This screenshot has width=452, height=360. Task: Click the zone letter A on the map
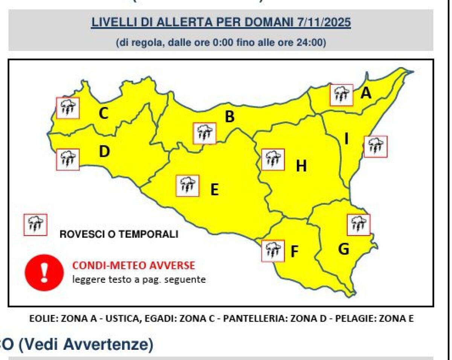click(x=366, y=93)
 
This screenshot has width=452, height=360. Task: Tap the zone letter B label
click(x=229, y=117)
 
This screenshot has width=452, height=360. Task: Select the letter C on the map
click(x=103, y=113)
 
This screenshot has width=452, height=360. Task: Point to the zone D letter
click(x=104, y=152)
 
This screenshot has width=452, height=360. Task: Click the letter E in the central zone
click(x=214, y=190)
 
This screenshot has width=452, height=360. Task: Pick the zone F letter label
click(x=294, y=251)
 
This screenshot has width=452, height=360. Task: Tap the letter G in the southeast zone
click(x=343, y=249)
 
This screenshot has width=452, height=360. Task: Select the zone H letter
click(x=301, y=165)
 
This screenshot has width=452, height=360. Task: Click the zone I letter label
click(x=346, y=140)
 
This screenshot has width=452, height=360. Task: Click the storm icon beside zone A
click(x=341, y=95)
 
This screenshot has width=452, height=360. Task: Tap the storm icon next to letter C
click(x=68, y=108)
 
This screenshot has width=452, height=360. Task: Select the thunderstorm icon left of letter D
click(x=68, y=159)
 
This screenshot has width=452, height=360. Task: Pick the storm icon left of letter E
click(x=188, y=185)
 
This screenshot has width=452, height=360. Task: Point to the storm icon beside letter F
click(x=273, y=251)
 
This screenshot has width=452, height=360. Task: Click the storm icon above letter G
click(x=359, y=225)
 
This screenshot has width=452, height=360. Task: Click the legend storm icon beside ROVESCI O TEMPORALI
click(x=35, y=225)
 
